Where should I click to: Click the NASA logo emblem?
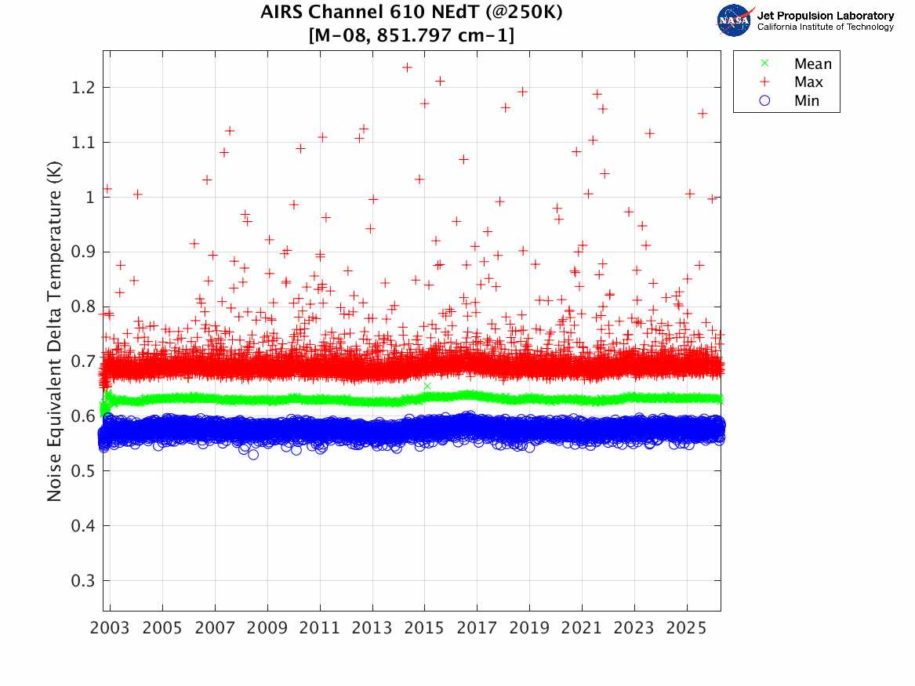click(735, 20)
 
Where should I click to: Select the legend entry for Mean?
click(812, 64)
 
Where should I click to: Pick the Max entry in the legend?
click(808, 82)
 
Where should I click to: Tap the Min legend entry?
click(807, 101)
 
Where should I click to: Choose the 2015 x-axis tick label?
click(424, 629)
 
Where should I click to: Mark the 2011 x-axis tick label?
click(320, 629)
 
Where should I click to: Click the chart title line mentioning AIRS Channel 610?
click(412, 13)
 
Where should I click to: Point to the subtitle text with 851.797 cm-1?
click(412, 35)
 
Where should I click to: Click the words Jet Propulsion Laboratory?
click(825, 16)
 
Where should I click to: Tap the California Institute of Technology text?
click(825, 27)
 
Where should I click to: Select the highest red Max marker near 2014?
click(407, 67)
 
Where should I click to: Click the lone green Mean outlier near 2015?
click(427, 386)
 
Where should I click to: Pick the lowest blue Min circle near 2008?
click(253, 455)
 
